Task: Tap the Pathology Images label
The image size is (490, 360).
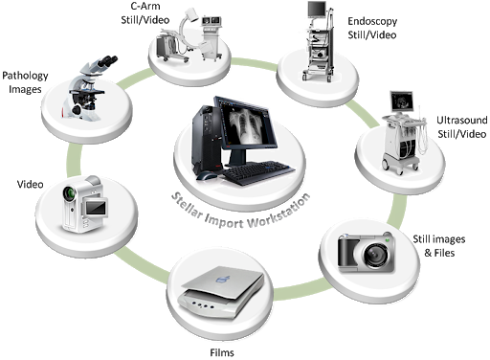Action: click(25, 82)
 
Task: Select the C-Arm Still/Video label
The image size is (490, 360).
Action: click(145, 13)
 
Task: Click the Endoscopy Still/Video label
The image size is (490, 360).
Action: click(372, 28)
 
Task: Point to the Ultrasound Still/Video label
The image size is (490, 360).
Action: click(462, 127)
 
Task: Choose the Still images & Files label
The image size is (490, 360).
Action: click(439, 246)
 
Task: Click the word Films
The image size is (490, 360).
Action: click(222, 352)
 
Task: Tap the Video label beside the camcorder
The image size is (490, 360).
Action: click(30, 184)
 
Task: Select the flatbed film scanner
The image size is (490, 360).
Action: click(221, 291)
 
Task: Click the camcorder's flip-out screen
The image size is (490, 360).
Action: click(95, 208)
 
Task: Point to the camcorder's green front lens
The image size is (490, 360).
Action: click(69, 193)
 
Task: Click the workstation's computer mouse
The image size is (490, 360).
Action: click(206, 175)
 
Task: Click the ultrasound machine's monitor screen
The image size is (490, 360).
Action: click(402, 101)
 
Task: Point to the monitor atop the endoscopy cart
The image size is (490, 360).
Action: click(317, 9)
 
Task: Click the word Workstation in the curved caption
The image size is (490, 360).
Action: click(279, 213)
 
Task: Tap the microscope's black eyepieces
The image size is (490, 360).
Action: click(108, 61)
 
